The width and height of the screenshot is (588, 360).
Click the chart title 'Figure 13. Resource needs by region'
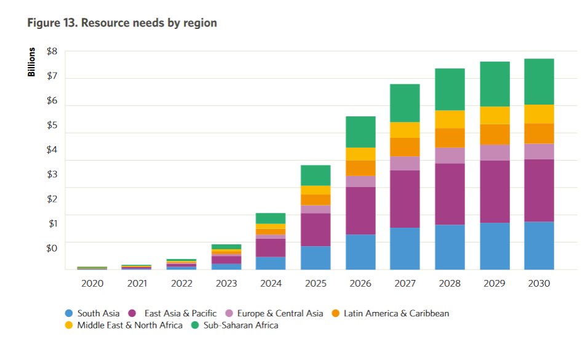[122, 23]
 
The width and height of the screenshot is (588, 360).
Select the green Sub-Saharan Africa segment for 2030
[539, 82]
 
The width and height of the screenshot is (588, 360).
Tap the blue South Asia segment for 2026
[360, 252]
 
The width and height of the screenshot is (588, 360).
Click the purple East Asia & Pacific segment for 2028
[450, 194]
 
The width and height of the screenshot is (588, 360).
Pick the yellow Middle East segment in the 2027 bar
[405, 130]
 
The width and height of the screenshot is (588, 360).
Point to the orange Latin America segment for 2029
[495, 134]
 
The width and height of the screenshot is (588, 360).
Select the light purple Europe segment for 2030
[539, 151]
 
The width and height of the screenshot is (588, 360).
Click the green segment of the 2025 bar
[316, 175]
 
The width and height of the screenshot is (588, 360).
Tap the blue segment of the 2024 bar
[271, 263]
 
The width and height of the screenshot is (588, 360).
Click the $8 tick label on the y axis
[52, 52]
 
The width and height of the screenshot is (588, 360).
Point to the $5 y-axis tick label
[52, 126]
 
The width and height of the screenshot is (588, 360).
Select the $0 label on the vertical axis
[52, 248]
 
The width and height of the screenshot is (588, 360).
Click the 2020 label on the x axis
[92, 284]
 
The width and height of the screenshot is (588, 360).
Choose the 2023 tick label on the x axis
[226, 284]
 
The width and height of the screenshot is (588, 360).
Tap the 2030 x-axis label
[539, 284]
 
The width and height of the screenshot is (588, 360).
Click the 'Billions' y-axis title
[31, 62]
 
